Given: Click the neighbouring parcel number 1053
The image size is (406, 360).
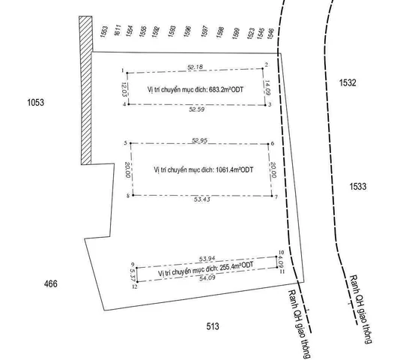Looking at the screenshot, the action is click(x=36, y=103).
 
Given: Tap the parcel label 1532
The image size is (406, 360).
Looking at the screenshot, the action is click(x=348, y=82).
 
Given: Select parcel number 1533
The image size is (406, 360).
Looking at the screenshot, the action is click(x=358, y=186).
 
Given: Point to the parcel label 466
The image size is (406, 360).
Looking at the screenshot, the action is click(x=51, y=283).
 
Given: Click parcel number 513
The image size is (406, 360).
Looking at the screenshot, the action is click(x=213, y=326).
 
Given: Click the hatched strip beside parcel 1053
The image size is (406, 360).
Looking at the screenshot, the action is click(x=85, y=91).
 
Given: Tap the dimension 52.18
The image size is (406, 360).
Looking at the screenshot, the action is click(x=195, y=67).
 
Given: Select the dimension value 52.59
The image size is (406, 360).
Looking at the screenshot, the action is click(x=197, y=109).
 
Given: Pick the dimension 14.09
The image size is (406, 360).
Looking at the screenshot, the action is click(x=267, y=88).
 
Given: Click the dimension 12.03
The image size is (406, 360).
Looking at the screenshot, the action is click(x=124, y=89).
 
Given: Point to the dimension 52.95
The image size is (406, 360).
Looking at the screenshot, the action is click(x=200, y=140).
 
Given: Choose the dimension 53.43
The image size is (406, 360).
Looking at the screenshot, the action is click(x=202, y=199).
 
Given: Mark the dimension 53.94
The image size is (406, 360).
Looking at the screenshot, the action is click(x=207, y=259).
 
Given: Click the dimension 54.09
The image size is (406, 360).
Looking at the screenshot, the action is click(x=207, y=278).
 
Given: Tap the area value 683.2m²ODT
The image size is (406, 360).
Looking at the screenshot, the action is click(x=226, y=90).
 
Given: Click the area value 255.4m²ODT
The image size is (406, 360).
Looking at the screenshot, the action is click(x=237, y=266).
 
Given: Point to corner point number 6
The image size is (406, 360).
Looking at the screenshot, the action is click(x=273, y=143).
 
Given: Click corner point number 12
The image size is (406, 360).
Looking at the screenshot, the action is click(x=135, y=286).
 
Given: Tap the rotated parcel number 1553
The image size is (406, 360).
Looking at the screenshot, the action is click(x=104, y=31).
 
